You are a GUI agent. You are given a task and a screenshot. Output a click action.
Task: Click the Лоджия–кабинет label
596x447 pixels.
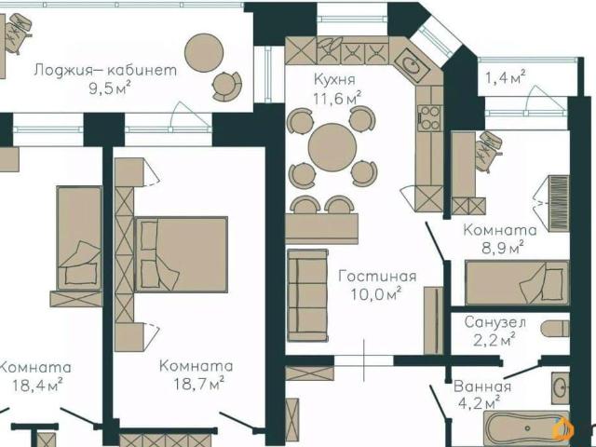[x=105, y=71]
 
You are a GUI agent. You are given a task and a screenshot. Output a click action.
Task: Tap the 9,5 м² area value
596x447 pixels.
[x=110, y=88]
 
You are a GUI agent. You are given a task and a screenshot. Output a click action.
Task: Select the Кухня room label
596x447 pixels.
[x=334, y=80]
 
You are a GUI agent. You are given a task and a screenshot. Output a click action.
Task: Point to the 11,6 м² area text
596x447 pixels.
[x=337, y=98]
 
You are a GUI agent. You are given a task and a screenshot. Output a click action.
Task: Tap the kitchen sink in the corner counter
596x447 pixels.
[x=412, y=65]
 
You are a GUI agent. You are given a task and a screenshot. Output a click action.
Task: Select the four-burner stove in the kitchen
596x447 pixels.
[x=429, y=118]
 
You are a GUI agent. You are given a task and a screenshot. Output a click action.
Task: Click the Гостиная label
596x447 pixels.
[x=377, y=276]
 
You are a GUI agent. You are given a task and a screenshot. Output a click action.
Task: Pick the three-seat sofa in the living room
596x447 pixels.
[x=308, y=295]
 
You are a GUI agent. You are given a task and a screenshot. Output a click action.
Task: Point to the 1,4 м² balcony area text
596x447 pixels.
[x=506, y=78]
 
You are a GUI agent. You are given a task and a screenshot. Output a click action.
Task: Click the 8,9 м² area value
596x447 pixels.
[x=503, y=249]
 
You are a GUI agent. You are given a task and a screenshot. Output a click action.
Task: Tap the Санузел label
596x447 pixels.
[x=495, y=323]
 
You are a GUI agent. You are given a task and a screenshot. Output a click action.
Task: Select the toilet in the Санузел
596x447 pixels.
[x=555, y=329]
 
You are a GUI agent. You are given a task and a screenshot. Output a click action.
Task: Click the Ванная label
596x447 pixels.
[x=482, y=386]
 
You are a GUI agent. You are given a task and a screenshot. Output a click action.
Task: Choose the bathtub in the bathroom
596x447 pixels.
[x=527, y=428]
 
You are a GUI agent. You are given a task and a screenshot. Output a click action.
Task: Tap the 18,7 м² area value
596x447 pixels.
[x=198, y=384]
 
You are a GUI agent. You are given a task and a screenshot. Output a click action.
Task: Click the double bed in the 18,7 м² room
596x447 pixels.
[x=182, y=254]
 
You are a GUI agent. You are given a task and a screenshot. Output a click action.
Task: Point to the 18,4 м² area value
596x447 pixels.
[x=37, y=385]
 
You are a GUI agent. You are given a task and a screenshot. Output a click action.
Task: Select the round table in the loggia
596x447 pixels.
[x=204, y=52]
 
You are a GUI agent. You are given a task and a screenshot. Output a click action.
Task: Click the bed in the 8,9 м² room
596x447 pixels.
[x=518, y=283]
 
